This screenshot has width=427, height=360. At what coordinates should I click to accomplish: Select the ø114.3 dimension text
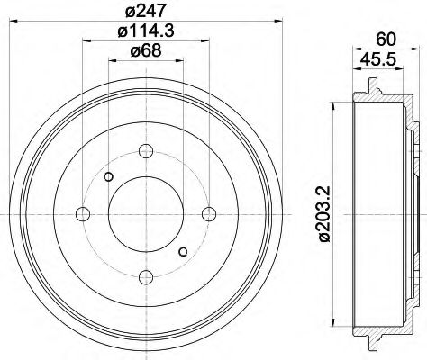[146, 33]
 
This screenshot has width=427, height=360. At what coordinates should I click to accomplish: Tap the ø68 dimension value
[146, 51]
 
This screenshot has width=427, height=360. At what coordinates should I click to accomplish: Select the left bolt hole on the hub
[83, 213]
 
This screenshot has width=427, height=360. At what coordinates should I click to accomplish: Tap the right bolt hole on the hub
[209, 213]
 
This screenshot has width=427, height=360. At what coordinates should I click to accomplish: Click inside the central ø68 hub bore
[146, 213]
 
